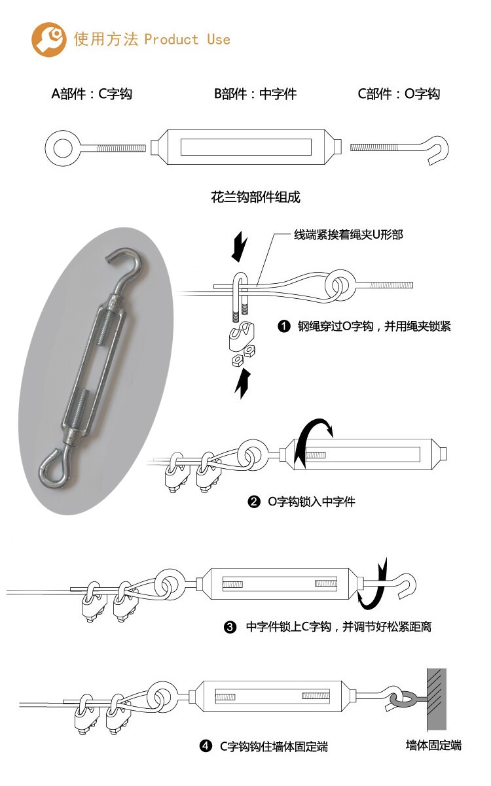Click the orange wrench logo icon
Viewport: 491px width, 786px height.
coord(49,39)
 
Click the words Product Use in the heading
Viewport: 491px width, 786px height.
coord(187,39)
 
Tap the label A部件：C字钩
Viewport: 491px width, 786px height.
coord(92,94)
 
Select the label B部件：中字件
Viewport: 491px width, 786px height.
coord(255,94)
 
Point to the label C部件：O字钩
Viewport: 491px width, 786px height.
coord(399,94)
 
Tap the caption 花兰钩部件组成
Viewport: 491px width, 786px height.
coord(255,197)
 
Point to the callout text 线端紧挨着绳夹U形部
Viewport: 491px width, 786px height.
coord(348,235)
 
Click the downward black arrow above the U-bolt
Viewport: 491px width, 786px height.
coord(240,247)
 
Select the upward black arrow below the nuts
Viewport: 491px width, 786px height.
coord(242,383)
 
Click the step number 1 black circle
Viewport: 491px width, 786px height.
coord(283,327)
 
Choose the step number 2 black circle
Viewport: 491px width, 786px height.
coord(254,502)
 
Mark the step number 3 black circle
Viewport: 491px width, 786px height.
coord(230,627)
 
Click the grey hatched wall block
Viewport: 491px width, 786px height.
coord(437,699)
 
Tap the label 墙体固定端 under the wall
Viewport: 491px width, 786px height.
coord(434,745)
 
